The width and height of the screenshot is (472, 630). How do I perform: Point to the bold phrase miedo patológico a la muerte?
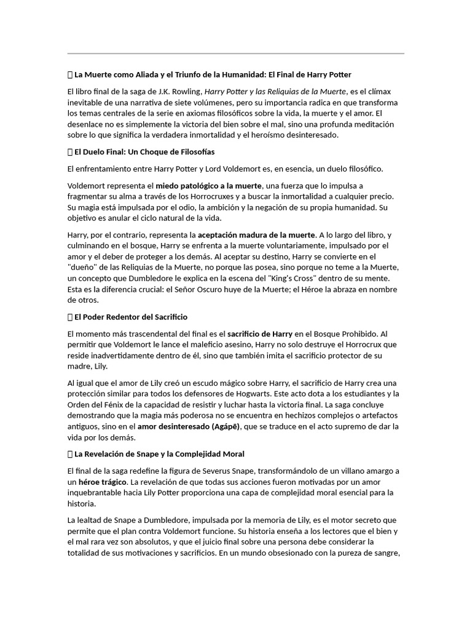[208, 185]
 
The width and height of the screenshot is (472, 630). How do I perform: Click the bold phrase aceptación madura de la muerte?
[256, 234]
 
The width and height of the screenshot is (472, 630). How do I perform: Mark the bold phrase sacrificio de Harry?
[260, 333]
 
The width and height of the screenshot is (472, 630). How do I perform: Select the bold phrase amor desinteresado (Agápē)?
[188, 426]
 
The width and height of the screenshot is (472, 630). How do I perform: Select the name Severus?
[218, 471]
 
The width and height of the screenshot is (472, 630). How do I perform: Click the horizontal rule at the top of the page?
[235, 54]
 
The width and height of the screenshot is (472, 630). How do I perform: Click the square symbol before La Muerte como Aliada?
[69, 75]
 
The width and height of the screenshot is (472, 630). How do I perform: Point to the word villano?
[344, 471]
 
